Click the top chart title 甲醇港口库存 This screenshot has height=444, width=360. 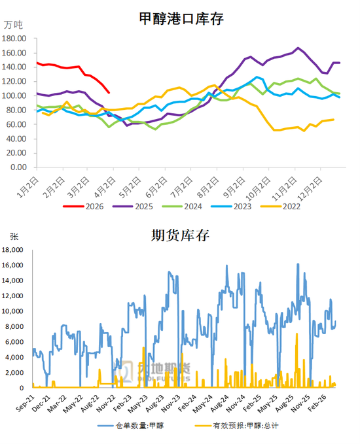(x=182, y=19)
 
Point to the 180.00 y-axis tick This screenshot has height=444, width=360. (x=14, y=38)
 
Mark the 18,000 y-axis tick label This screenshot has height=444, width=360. (x=14, y=250)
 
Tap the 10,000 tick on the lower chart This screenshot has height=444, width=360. (x=14, y=311)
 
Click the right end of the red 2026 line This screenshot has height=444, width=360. (x=109, y=92)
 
